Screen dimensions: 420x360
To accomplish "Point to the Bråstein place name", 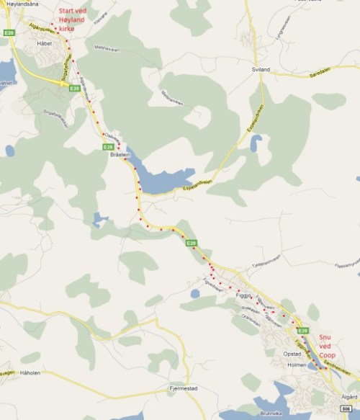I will (119, 155).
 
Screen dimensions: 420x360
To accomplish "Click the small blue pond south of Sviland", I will (256, 143).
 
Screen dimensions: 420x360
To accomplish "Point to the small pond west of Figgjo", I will (194, 293).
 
